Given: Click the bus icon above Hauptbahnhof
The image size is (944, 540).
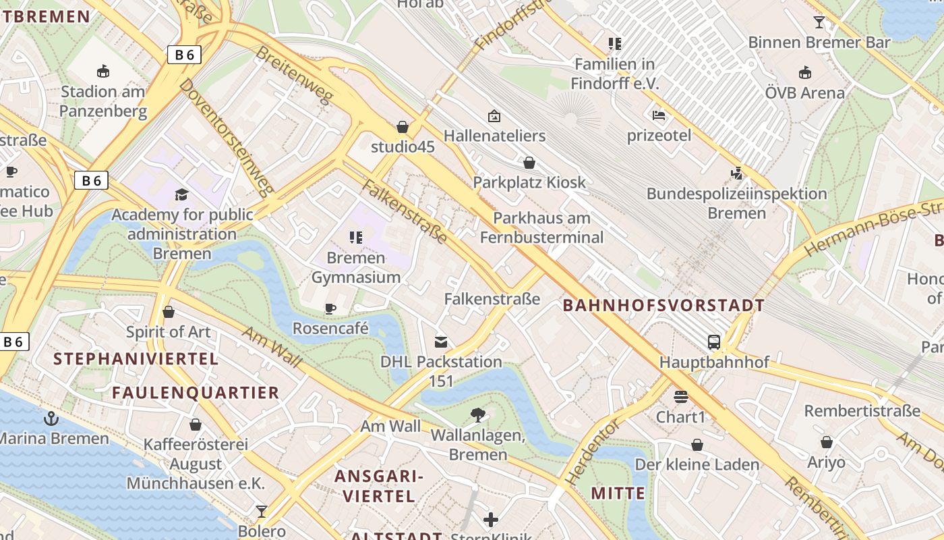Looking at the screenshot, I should coord(714,342).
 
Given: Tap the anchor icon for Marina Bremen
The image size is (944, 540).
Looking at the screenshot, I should coord(51,418).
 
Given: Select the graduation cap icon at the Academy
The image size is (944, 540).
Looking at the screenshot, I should coord(181,195).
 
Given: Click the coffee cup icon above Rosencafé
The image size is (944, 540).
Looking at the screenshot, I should coord(330,308).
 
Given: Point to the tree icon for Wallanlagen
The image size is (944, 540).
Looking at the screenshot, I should coord(478,415).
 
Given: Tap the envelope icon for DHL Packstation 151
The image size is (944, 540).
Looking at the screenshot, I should coord(441,342).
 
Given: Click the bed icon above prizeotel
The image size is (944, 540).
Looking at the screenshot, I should coord(659,115).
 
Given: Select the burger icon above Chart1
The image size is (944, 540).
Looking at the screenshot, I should coord(681,396).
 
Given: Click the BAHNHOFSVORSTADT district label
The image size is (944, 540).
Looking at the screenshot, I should coord(663,306).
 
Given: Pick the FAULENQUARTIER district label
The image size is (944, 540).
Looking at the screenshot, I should coord(196,392).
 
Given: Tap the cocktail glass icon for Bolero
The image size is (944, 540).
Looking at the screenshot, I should coord(262,511).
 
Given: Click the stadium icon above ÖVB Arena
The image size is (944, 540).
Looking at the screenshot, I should coord(804,73).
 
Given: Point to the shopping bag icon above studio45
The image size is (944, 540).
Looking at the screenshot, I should coord(403,127).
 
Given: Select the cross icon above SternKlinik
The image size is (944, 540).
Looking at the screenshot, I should coord(491,519).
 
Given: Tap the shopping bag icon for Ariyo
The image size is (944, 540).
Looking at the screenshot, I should coord(826,442).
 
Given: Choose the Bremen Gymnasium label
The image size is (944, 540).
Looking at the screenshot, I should coord(355,267).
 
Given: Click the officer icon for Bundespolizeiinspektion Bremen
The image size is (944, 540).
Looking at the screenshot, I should coord(736,173).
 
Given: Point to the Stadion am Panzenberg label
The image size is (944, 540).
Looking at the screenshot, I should coord(103,101).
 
